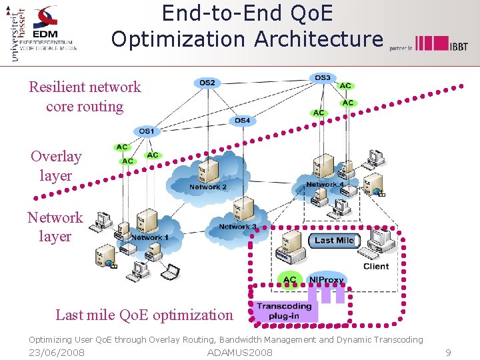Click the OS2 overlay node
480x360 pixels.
pos(207,83)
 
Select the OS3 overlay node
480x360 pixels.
pos(322,78)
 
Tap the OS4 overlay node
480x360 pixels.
pos(243,121)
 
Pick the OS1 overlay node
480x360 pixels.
pos(147,131)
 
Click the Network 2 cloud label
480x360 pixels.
pos(207,187)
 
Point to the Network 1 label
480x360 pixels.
pos(149,237)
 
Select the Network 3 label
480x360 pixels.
pos(237,227)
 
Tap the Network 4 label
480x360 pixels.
pos(325,185)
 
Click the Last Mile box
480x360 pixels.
pos(334,240)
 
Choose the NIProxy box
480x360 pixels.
pos(327,280)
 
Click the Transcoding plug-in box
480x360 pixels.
pos(285,311)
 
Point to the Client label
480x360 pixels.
pos(376,266)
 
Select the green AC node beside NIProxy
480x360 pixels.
pos(289,280)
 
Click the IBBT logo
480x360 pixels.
pos(441,44)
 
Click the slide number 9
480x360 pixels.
pos(448,353)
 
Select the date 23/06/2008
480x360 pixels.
pos(57,353)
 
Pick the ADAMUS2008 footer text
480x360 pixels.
pos(240,353)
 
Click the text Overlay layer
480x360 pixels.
pos(56,166)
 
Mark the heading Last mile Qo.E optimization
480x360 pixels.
pos(144,315)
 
